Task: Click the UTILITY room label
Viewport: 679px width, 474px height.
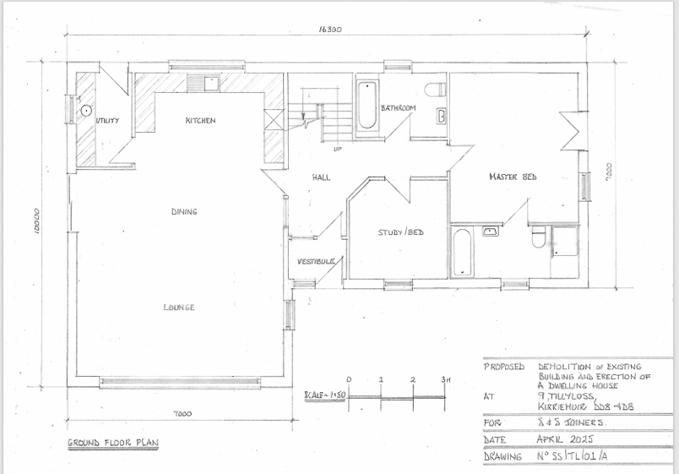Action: (107, 121)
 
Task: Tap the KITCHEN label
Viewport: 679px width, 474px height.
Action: (200, 121)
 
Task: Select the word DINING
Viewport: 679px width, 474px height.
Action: (184, 212)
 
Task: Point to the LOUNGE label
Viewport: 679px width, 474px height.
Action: (179, 308)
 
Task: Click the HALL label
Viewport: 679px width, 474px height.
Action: (321, 177)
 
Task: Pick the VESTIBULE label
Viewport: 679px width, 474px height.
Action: (316, 262)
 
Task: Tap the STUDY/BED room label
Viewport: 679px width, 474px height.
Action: (400, 232)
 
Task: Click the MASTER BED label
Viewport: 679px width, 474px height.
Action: (513, 177)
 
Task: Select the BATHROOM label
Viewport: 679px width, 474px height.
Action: (399, 108)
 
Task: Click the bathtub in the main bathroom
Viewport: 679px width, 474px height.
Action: (367, 106)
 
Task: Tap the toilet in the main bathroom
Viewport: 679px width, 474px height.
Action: (435, 90)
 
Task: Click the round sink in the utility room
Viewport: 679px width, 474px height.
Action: (86, 111)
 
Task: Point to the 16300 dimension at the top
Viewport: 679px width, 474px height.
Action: (330, 30)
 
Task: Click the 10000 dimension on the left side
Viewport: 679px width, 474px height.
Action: (37, 222)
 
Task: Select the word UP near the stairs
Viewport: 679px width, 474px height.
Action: (338, 150)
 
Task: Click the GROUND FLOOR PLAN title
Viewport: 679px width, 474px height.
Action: (113, 443)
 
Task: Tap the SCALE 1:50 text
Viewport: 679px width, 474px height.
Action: (324, 396)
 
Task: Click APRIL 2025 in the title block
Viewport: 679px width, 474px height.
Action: (565, 439)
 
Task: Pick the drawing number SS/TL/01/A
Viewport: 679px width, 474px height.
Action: (573, 455)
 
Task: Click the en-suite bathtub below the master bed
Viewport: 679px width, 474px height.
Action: (462, 252)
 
